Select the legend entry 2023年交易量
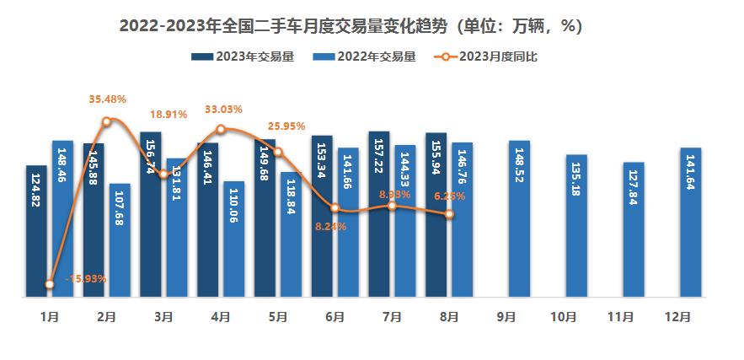(243, 57)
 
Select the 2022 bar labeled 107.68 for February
(120, 240)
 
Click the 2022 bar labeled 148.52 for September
(520, 218)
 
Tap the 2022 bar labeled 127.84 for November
(634, 229)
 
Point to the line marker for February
(106, 121)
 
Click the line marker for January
(50, 285)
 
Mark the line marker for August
(449, 215)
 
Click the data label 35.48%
(107, 99)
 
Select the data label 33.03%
(224, 110)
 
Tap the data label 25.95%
(285, 126)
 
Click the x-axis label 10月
(563, 318)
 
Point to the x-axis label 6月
(335, 318)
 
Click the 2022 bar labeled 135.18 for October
(576, 225)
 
